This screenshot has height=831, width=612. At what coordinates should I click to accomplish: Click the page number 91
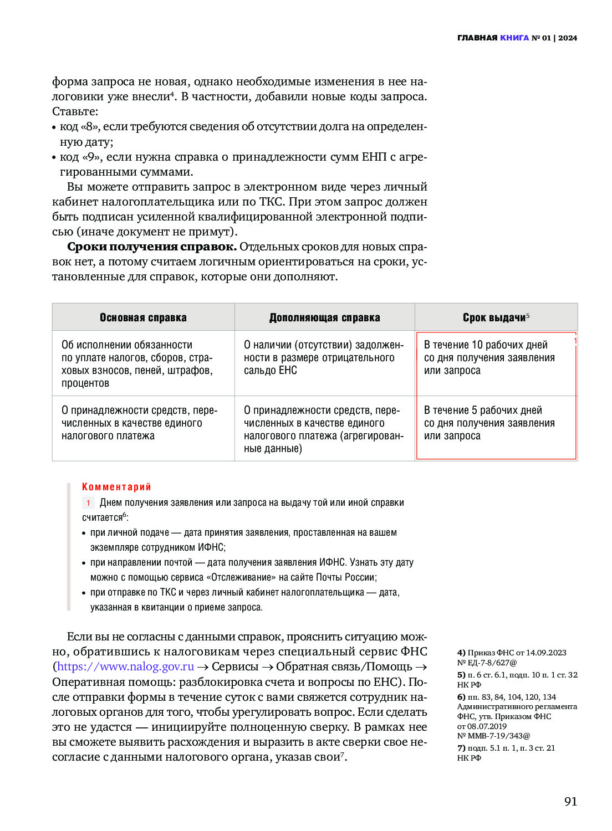pos(570,801)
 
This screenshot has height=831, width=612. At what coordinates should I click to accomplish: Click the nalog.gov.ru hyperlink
pos(126,666)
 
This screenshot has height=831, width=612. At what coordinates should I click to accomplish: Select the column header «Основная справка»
pos(143,317)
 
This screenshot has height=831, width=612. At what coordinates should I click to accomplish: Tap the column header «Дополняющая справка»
pos(325,317)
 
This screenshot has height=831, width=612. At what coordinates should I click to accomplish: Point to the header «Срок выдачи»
pos(494,317)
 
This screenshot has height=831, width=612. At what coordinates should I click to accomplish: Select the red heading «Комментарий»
pos(116,487)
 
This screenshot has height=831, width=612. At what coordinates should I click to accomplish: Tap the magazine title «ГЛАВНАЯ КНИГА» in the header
pos(493,38)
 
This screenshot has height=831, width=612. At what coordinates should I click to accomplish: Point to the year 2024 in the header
pos(568,38)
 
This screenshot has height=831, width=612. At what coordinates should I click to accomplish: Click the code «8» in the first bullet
pos(89,126)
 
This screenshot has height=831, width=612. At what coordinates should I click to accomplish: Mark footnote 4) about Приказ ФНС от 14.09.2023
pos(512,658)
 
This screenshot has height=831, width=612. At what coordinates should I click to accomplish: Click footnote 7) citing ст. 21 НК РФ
pos(506,753)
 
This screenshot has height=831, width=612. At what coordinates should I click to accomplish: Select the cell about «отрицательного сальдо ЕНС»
pos(324,357)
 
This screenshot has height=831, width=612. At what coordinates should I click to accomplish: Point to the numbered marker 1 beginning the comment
pos(88,503)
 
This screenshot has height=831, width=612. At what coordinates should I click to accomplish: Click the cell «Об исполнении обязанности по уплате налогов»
pos(137,363)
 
